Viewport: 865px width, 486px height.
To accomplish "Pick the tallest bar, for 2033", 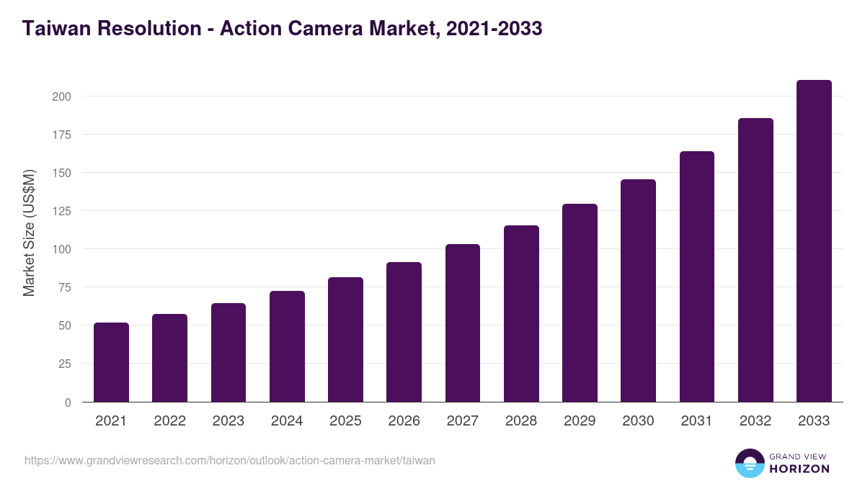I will tap(814, 240).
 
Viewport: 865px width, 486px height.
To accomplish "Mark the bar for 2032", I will tap(755, 260).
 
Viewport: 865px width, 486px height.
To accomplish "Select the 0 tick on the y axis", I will tap(68, 402).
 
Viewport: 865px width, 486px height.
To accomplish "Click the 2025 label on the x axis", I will tap(345, 421).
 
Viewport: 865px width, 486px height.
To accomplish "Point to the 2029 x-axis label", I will tap(580, 421).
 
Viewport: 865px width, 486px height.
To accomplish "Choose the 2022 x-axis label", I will tap(169, 421).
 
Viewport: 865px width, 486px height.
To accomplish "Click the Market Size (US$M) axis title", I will tap(29, 233).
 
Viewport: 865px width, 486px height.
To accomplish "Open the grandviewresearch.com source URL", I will tap(230, 460).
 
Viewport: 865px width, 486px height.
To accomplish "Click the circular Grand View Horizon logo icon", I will tap(749, 463).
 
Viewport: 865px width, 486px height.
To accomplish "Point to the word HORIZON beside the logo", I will tap(799, 469).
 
